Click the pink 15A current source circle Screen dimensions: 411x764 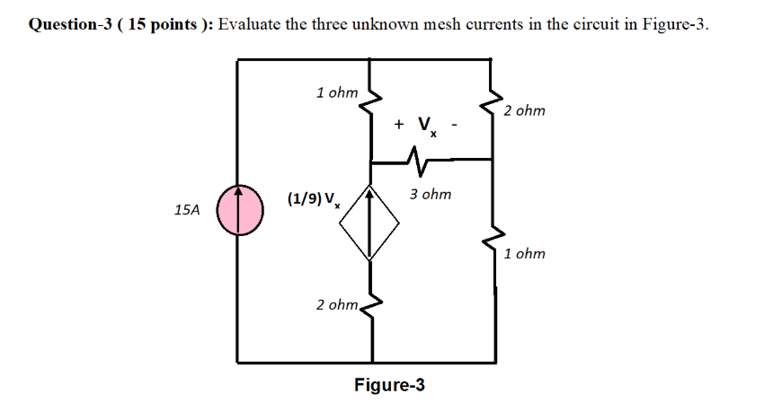240,208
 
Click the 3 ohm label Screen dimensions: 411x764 431,194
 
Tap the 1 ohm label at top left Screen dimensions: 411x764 337,92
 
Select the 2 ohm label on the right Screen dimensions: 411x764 524,111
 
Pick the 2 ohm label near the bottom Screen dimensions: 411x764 338,305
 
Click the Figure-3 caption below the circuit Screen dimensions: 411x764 389,385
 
